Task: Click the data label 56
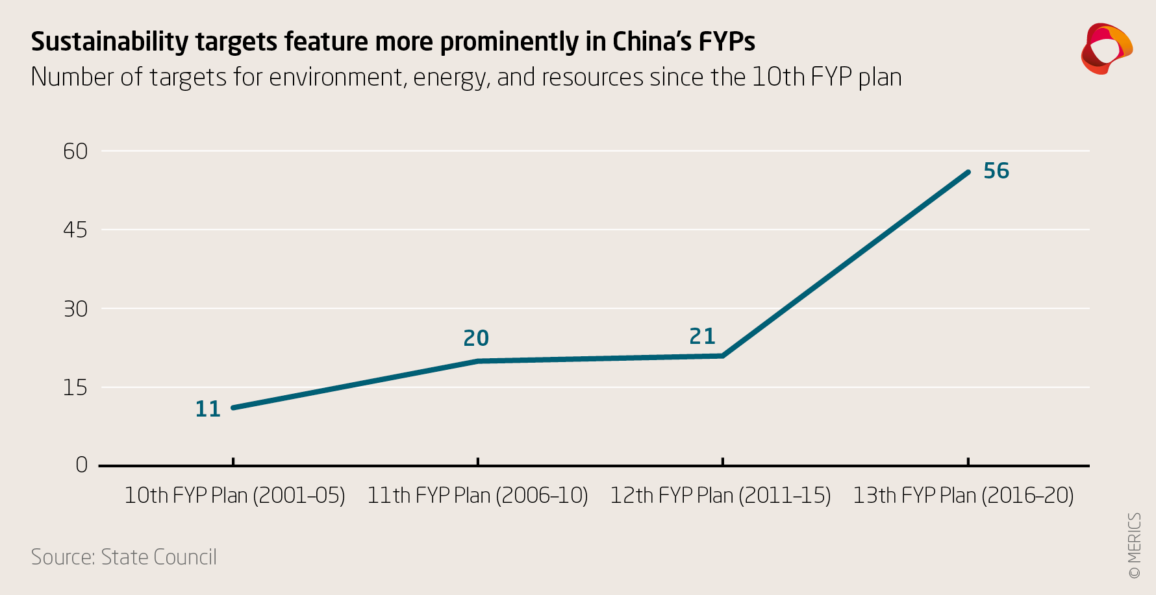coord(996,171)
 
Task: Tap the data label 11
coord(208,409)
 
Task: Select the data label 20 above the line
coord(476,338)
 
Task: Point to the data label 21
coord(702,336)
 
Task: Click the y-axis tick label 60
coord(75,151)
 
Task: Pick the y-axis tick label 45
coord(75,230)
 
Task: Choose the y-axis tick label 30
coord(75,309)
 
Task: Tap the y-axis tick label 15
coord(75,388)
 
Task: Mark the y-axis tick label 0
coord(81,465)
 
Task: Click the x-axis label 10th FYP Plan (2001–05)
coord(234,496)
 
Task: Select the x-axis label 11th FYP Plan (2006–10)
coord(477,496)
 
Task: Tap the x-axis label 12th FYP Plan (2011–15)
coord(720,496)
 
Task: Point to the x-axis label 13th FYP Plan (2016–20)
coord(963,496)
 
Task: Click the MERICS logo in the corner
coord(1106,49)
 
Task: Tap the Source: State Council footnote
coord(124,557)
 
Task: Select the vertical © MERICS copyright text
coord(1134,546)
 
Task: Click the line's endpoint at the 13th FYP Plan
coord(968,172)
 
